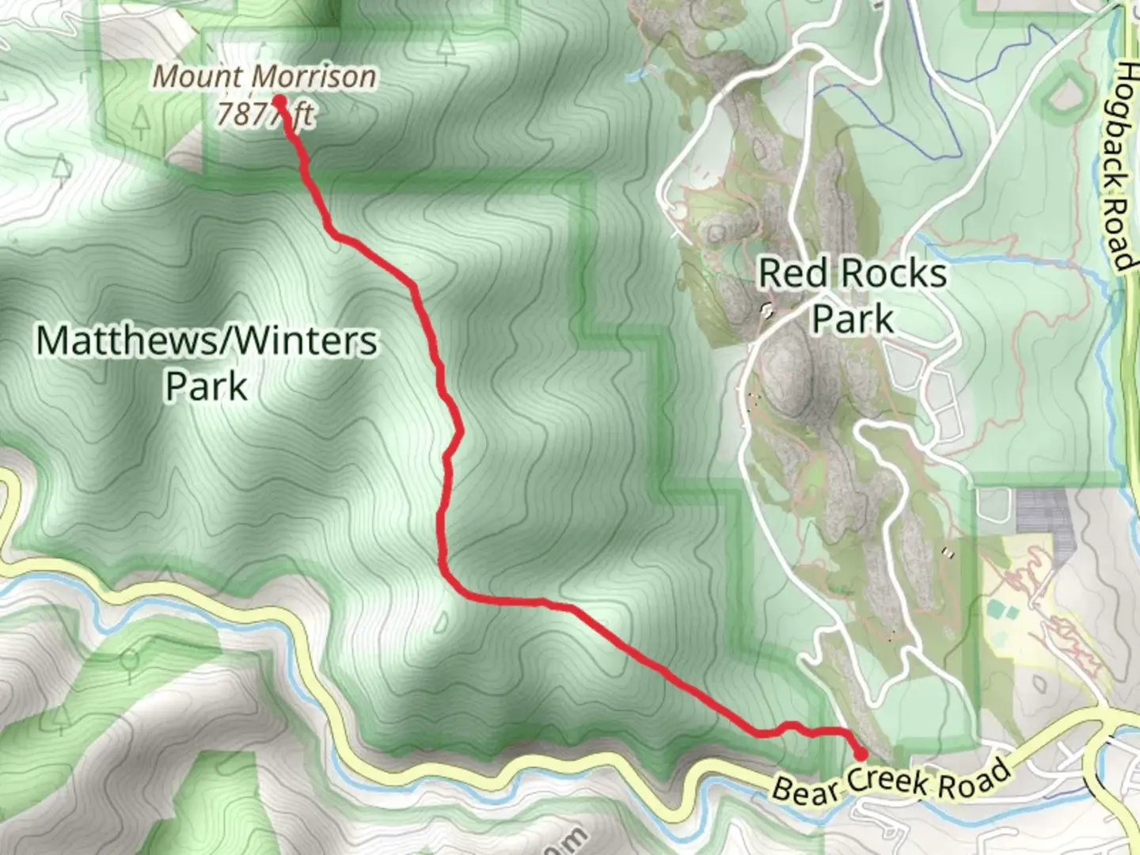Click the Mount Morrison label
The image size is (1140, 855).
[x=264, y=78]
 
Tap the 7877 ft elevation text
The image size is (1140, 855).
[x=264, y=116]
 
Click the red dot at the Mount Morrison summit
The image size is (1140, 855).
[x=279, y=101]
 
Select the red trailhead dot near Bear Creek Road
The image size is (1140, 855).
[x=861, y=754]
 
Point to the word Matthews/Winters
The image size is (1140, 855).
[x=207, y=341]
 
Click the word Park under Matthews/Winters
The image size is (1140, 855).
[x=207, y=387]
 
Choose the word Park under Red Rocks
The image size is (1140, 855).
[x=853, y=319]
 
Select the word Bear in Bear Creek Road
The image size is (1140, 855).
[x=805, y=791]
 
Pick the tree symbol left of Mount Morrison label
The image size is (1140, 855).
[x=142, y=121]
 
